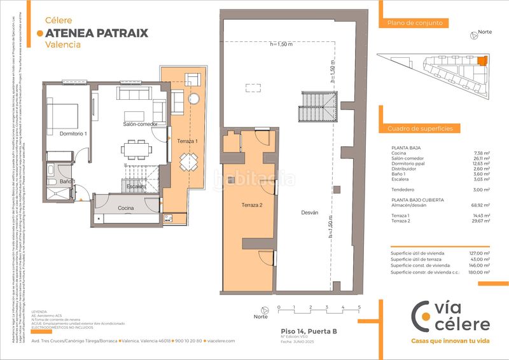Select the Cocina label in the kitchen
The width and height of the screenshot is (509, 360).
pos(126,208)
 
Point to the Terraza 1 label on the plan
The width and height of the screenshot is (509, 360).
pos(188,141)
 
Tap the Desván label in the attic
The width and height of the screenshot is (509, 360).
pos(309,213)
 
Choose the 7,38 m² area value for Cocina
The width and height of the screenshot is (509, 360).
pos(482,153)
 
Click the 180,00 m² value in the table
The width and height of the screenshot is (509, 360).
pos(478,272)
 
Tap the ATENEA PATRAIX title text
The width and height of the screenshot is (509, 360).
pos(97,33)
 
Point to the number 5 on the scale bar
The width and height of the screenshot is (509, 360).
pos(359,307)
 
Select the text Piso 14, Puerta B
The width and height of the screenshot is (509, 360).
pos(309,331)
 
